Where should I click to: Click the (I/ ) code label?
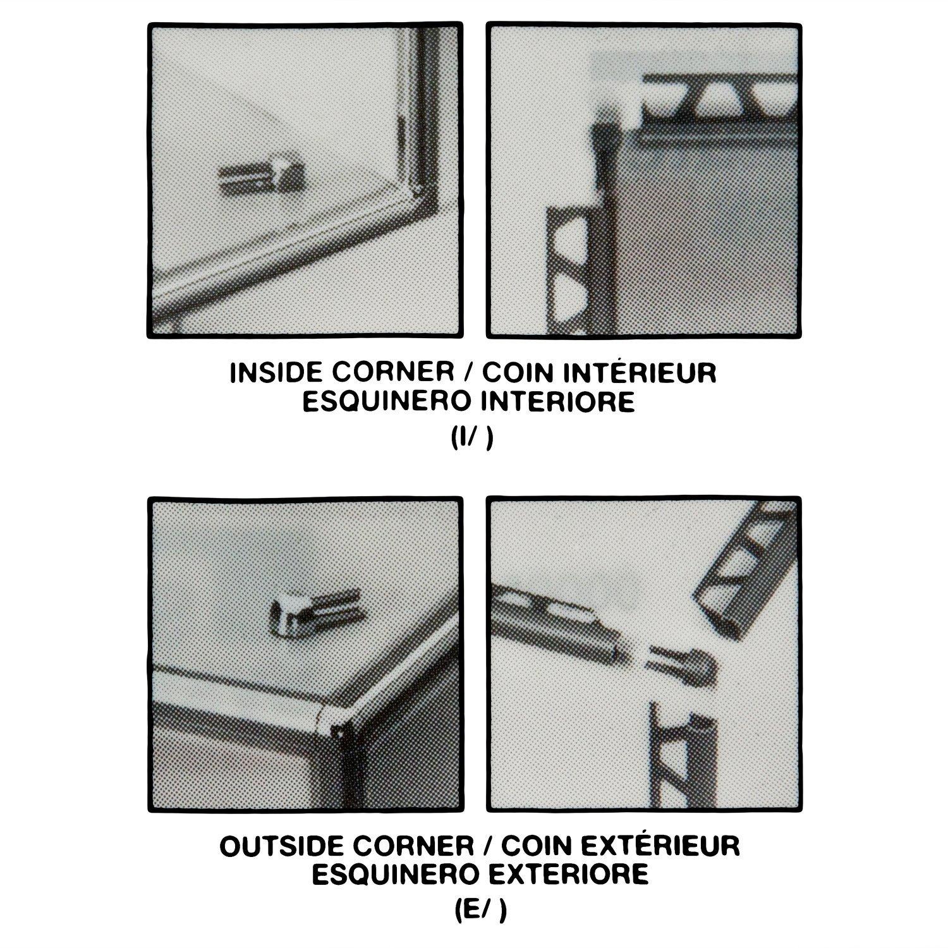472,440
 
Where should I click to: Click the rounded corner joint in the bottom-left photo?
329,718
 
